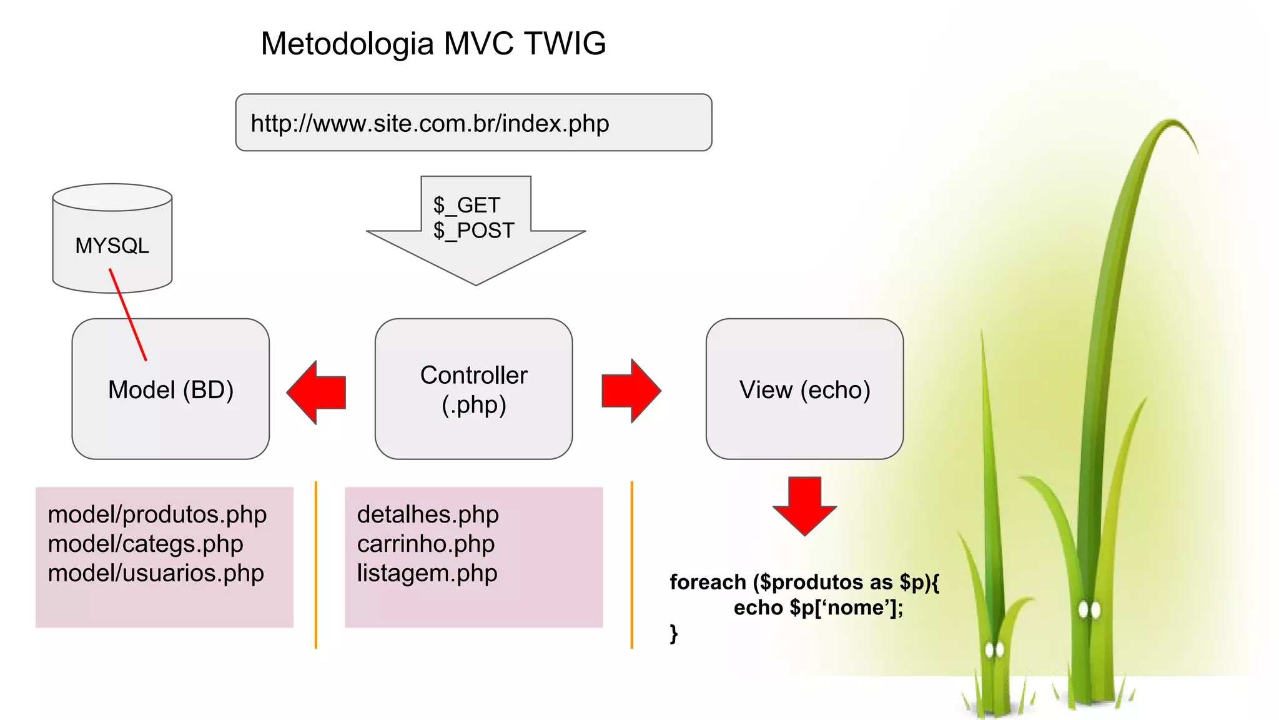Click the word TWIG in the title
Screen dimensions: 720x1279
point(565,44)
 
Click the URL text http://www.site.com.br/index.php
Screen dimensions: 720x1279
point(430,123)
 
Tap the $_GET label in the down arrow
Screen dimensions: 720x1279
point(467,205)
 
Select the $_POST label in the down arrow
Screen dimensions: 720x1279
point(473,231)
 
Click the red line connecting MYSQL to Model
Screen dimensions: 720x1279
point(128,315)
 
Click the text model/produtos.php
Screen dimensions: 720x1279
point(157,514)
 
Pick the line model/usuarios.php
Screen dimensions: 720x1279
point(156,573)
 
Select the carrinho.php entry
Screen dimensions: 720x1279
point(426,544)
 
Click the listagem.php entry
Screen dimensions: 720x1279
point(427,573)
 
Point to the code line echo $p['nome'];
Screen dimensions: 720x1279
point(818,607)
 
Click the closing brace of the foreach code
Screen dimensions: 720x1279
point(673,633)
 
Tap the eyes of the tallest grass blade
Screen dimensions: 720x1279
point(1089,609)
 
